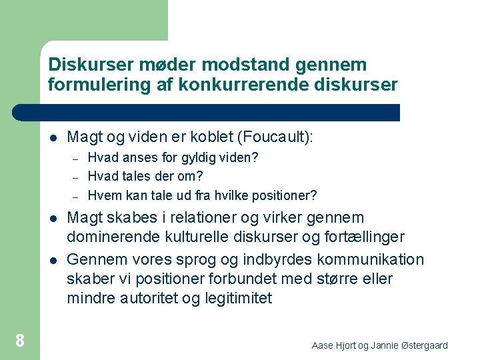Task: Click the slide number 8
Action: coord(20,341)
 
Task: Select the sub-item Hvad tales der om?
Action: coord(145,177)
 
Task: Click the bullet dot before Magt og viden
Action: coord(53,138)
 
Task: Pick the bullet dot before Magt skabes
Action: coord(53,219)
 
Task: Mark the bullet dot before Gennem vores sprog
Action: coord(53,259)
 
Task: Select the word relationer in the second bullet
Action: coord(193,217)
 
